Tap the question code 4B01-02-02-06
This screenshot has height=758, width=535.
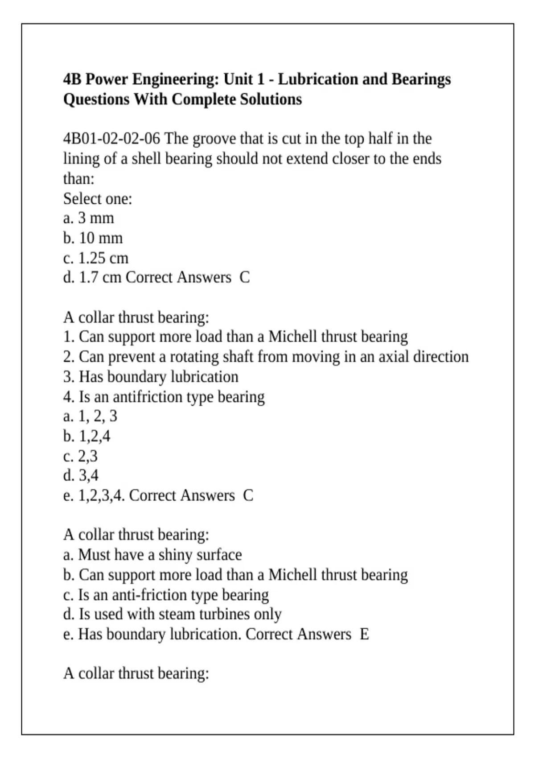click(111, 139)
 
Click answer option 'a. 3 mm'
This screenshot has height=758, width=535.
click(89, 218)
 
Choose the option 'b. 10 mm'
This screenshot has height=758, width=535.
click(93, 239)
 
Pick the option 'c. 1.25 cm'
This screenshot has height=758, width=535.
click(96, 258)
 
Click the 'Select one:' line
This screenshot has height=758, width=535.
click(98, 199)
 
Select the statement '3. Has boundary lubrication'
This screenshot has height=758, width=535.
click(151, 377)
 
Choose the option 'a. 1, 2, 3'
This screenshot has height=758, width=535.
click(90, 416)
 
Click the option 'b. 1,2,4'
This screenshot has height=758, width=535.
click(86, 437)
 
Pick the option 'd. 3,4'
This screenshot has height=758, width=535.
click(81, 476)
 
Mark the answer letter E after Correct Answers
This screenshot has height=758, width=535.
click(364, 634)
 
